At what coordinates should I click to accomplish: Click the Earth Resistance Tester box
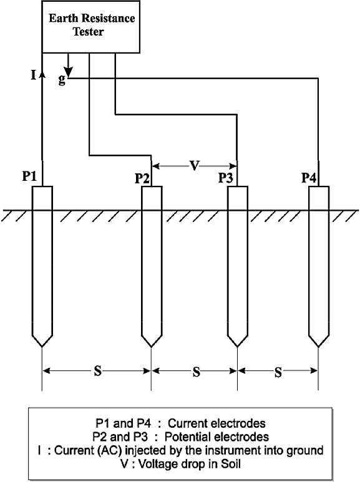coord(90,27)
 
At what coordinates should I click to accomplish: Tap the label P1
coord(29,176)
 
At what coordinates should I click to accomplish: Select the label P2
coord(142,178)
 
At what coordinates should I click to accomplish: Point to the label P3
coord(225,178)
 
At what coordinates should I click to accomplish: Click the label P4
coord(309,178)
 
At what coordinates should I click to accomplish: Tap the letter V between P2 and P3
coord(195,166)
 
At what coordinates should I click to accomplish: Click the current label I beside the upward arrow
coord(34,75)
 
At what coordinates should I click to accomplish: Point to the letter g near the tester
coord(62,80)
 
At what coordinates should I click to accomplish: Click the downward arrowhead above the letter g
coord(68,72)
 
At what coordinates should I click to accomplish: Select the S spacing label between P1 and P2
coord(97,371)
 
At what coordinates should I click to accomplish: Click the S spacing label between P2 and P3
coord(197,372)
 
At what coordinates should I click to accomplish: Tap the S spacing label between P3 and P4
coord(278,372)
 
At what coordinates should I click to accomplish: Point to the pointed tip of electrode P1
coord(42,347)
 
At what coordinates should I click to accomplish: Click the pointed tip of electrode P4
coord(319,347)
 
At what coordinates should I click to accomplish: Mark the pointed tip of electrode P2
coord(152,347)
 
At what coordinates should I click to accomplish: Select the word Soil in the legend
coord(230,464)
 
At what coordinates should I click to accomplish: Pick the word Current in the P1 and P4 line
coord(187,423)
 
